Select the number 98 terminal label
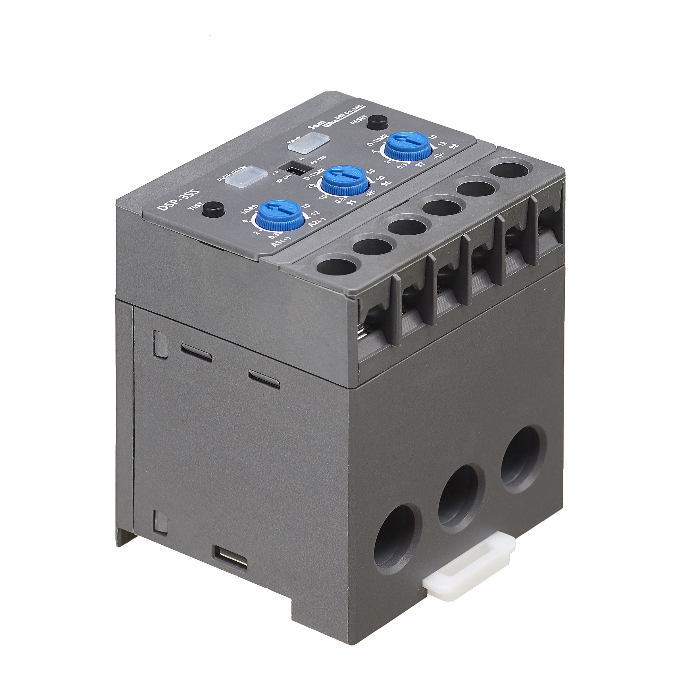pos(452,146)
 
